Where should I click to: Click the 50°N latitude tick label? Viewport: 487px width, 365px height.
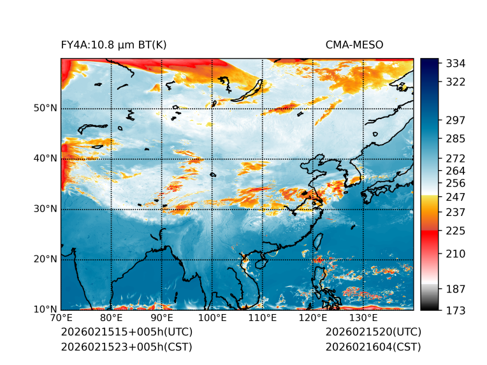point(45,108)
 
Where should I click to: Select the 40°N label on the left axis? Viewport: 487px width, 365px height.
point(45,158)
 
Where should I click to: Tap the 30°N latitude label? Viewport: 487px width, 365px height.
point(45,208)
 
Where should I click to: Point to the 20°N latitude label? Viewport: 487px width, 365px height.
point(45,259)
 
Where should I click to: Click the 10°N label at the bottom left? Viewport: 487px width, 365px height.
point(45,310)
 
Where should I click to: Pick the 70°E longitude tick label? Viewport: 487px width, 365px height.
point(61,318)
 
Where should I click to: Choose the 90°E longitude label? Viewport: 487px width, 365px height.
point(162,318)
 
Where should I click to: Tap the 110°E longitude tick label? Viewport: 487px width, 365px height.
point(263,318)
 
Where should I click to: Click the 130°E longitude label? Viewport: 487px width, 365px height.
point(363,318)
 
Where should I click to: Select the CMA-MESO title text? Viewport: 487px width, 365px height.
point(354,45)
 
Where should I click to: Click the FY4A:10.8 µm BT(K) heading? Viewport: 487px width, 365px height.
point(113,45)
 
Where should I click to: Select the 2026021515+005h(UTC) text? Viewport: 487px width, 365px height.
point(126,332)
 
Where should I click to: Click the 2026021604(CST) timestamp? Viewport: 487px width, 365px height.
point(373,347)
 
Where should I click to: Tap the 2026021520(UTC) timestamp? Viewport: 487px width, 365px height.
point(373,332)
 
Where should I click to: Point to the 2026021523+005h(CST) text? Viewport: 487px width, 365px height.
point(126,347)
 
